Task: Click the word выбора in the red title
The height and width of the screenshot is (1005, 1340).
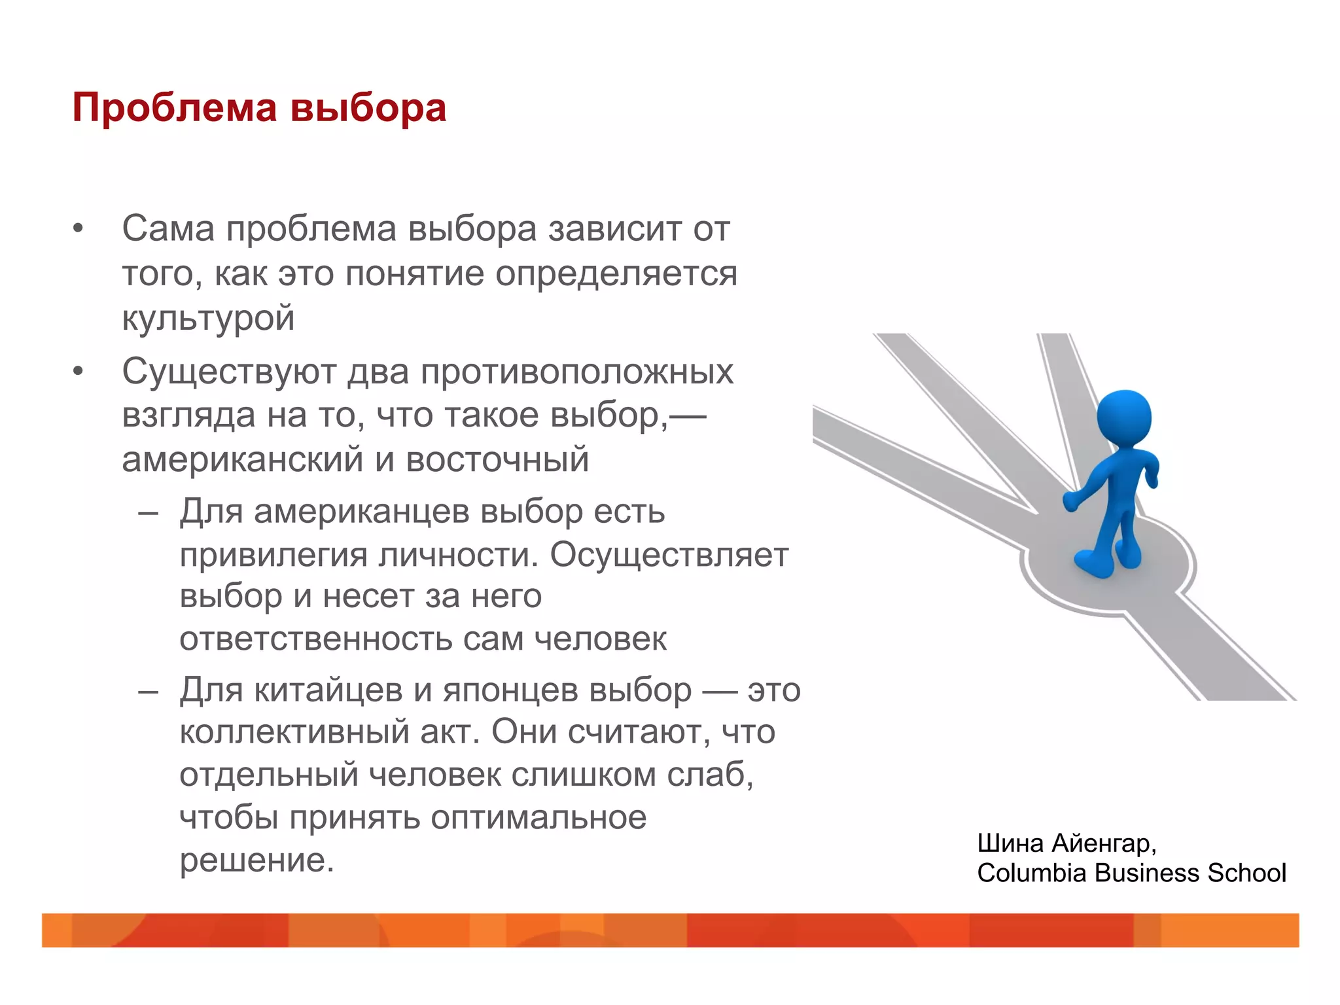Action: coord(368,107)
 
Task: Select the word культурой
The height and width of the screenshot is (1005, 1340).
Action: coord(208,319)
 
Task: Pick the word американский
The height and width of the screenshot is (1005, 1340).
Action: coord(243,459)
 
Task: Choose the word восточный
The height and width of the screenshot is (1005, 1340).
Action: coord(497,459)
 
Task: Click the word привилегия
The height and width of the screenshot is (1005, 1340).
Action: coord(274,555)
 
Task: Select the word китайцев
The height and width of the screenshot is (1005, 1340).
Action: coord(328,690)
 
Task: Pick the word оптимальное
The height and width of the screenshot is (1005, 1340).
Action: coord(538,818)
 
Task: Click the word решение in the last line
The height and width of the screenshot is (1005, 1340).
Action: coord(256,860)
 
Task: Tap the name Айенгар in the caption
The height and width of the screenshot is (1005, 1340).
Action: coord(1104,843)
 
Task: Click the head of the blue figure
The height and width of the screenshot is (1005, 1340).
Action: coord(1124,418)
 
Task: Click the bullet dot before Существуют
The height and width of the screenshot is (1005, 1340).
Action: coord(79,372)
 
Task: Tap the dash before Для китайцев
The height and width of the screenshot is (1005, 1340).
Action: coord(148,691)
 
